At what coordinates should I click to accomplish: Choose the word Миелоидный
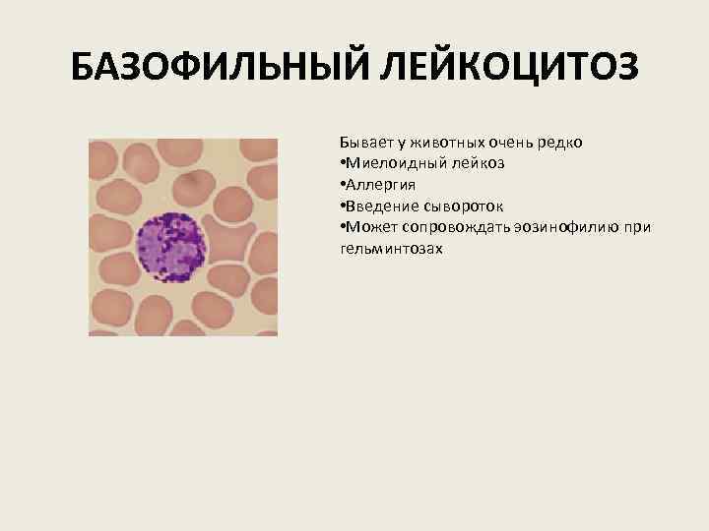point(391,163)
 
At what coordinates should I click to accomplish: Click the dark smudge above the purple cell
point(189,181)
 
